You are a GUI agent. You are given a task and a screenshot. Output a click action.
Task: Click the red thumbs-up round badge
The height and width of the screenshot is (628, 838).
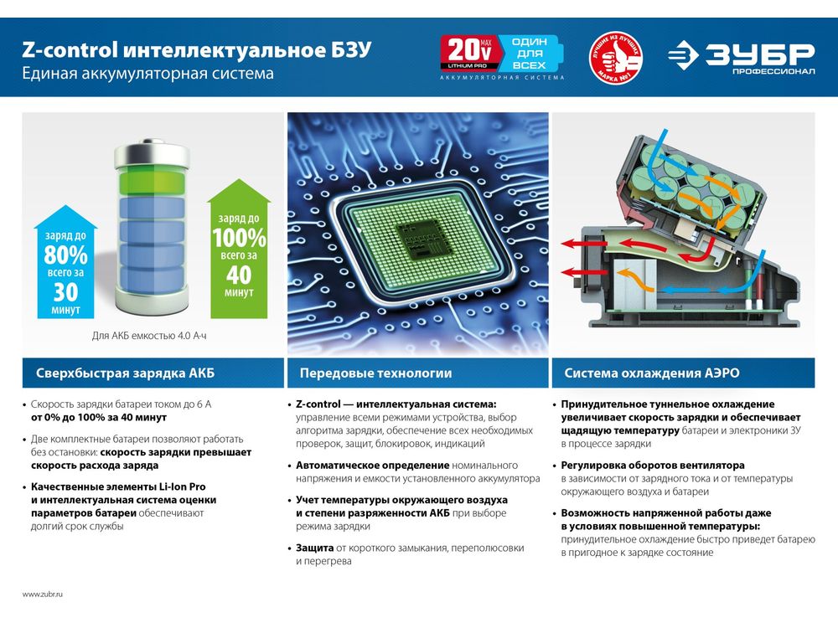coord(616,57)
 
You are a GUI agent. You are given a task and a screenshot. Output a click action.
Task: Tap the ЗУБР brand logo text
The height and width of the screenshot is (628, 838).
coord(759,54)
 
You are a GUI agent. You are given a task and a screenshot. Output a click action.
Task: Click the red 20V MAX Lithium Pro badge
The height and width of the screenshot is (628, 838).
coord(470,54)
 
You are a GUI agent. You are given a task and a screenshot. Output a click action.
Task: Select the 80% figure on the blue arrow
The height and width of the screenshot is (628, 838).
coord(65,255)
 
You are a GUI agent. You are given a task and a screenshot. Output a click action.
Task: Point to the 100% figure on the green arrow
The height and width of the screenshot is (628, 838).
coord(239,238)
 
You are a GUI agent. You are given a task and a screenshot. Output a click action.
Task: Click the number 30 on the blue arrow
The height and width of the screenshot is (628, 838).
coord(65,292)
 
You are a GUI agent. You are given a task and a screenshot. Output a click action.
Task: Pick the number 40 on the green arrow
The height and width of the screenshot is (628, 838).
coord(239,275)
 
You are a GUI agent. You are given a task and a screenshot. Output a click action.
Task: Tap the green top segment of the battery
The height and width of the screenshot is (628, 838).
coord(152,182)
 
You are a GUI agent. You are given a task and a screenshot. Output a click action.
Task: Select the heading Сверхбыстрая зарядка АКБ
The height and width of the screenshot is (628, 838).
coord(125,373)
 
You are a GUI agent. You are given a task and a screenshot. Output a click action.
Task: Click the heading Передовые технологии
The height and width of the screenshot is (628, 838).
coord(375,373)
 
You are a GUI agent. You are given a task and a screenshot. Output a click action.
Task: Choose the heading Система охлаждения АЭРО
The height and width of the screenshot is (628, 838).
coord(652,373)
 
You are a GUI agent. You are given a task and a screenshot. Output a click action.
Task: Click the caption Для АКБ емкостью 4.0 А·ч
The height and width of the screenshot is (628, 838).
coord(149,336)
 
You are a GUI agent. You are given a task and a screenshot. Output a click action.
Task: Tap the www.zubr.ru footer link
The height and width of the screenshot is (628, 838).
coord(43,594)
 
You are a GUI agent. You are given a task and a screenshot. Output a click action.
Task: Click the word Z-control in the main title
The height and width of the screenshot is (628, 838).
coord(70,49)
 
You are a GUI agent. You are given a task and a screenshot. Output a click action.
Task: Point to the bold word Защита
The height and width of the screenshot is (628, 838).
coord(315,548)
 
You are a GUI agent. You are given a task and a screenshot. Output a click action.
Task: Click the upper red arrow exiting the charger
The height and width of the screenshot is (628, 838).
coord(584,245)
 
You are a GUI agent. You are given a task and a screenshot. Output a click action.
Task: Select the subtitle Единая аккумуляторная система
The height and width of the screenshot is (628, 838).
coord(148,73)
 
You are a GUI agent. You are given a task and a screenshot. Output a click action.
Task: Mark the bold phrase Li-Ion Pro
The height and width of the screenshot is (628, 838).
coord(182,487)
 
